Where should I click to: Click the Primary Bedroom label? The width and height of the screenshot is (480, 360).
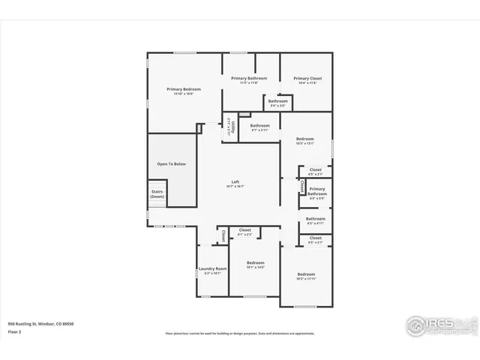tap(184, 89)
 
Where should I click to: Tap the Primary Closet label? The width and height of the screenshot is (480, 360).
tap(307, 78)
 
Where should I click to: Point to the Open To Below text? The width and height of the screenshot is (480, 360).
tap(171, 163)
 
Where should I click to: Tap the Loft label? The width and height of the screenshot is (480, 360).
tap(235, 181)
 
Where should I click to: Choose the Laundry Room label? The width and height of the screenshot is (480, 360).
tap(212, 268)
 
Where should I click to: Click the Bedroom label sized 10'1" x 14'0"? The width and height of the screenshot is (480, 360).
tap(256, 262)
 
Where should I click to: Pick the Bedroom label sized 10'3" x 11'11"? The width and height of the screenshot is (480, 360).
tap(306, 274)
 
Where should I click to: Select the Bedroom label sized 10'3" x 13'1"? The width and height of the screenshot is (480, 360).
tap(305, 139)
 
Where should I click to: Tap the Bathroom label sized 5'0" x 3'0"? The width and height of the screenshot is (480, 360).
tap(278, 100)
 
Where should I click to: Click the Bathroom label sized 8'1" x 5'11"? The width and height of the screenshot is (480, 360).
tap(259, 125)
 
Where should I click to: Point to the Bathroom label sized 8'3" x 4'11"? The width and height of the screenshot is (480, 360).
tap(315, 219)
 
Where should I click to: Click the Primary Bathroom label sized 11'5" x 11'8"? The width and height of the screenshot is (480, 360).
tap(249, 78)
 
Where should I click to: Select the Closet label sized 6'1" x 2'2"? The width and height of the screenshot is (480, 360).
tap(244, 230)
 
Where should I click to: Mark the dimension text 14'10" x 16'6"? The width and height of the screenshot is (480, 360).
tap(184, 94)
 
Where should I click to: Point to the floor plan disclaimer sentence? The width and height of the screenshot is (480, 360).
tap(240, 334)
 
